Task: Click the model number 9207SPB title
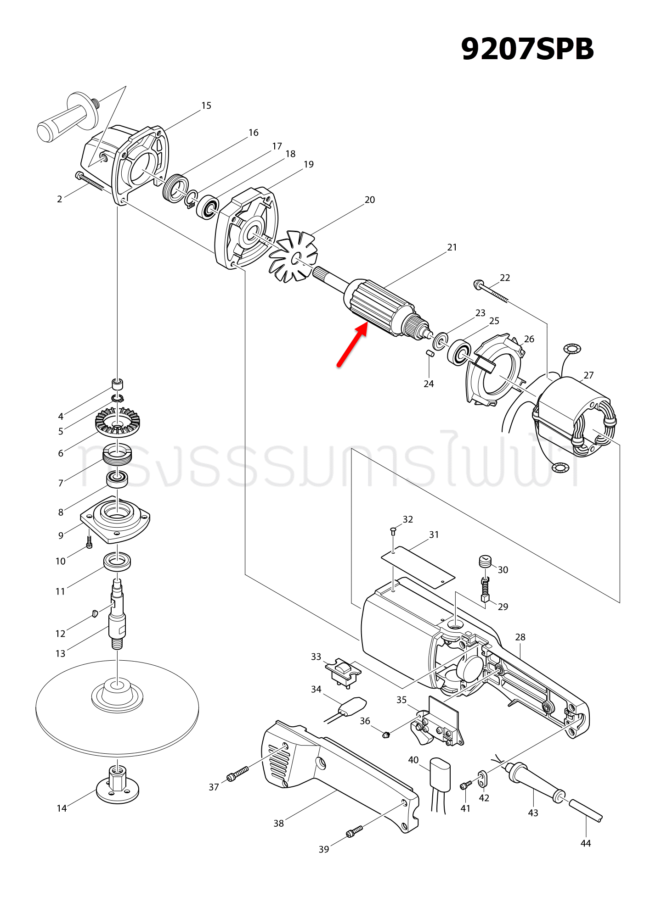pos(527,49)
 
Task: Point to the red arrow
pos(352,345)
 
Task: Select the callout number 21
pos(452,247)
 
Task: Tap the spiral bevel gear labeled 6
pos(118,422)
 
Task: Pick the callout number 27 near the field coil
pos(588,375)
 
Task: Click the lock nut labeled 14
pos(118,785)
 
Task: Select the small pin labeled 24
pos(430,353)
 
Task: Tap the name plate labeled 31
pos(418,567)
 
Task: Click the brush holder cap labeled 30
pos(485,561)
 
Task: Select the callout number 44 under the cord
pos(585,843)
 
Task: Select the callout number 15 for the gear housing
pos(206,106)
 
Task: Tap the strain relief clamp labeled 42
pos(482,777)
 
